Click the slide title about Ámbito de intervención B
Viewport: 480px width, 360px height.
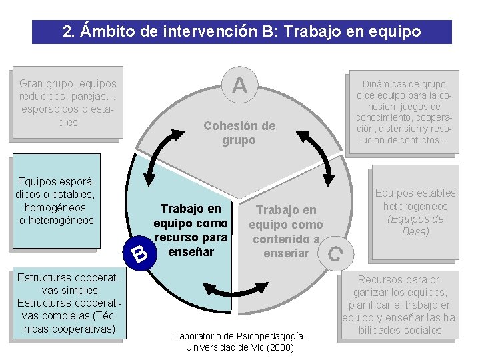[241, 31]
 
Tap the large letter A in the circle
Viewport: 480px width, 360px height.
[239, 85]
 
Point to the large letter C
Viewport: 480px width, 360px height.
[335, 253]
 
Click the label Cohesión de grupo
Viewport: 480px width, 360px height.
[239, 133]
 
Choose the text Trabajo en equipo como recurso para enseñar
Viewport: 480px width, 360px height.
[191, 230]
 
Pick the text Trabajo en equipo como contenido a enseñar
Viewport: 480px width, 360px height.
[285, 231]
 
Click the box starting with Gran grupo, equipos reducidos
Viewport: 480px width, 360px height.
[67, 103]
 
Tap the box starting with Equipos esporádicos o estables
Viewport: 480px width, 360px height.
[57, 201]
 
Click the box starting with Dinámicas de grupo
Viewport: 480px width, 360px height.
[404, 112]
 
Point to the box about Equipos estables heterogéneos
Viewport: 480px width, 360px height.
[415, 212]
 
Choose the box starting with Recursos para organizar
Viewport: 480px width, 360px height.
[399, 304]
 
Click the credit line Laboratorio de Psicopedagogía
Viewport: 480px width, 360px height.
[239, 336]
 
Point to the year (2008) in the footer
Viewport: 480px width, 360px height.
[279, 347]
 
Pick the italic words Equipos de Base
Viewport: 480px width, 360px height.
[415, 225]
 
